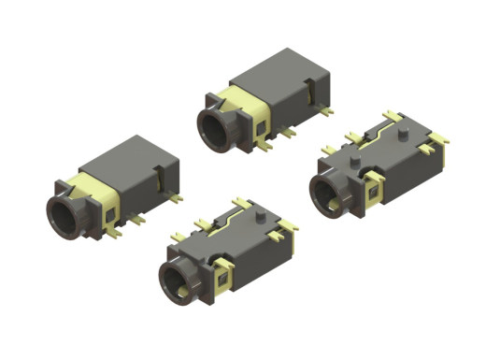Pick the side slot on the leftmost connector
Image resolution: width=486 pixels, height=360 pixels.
[165, 170]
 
